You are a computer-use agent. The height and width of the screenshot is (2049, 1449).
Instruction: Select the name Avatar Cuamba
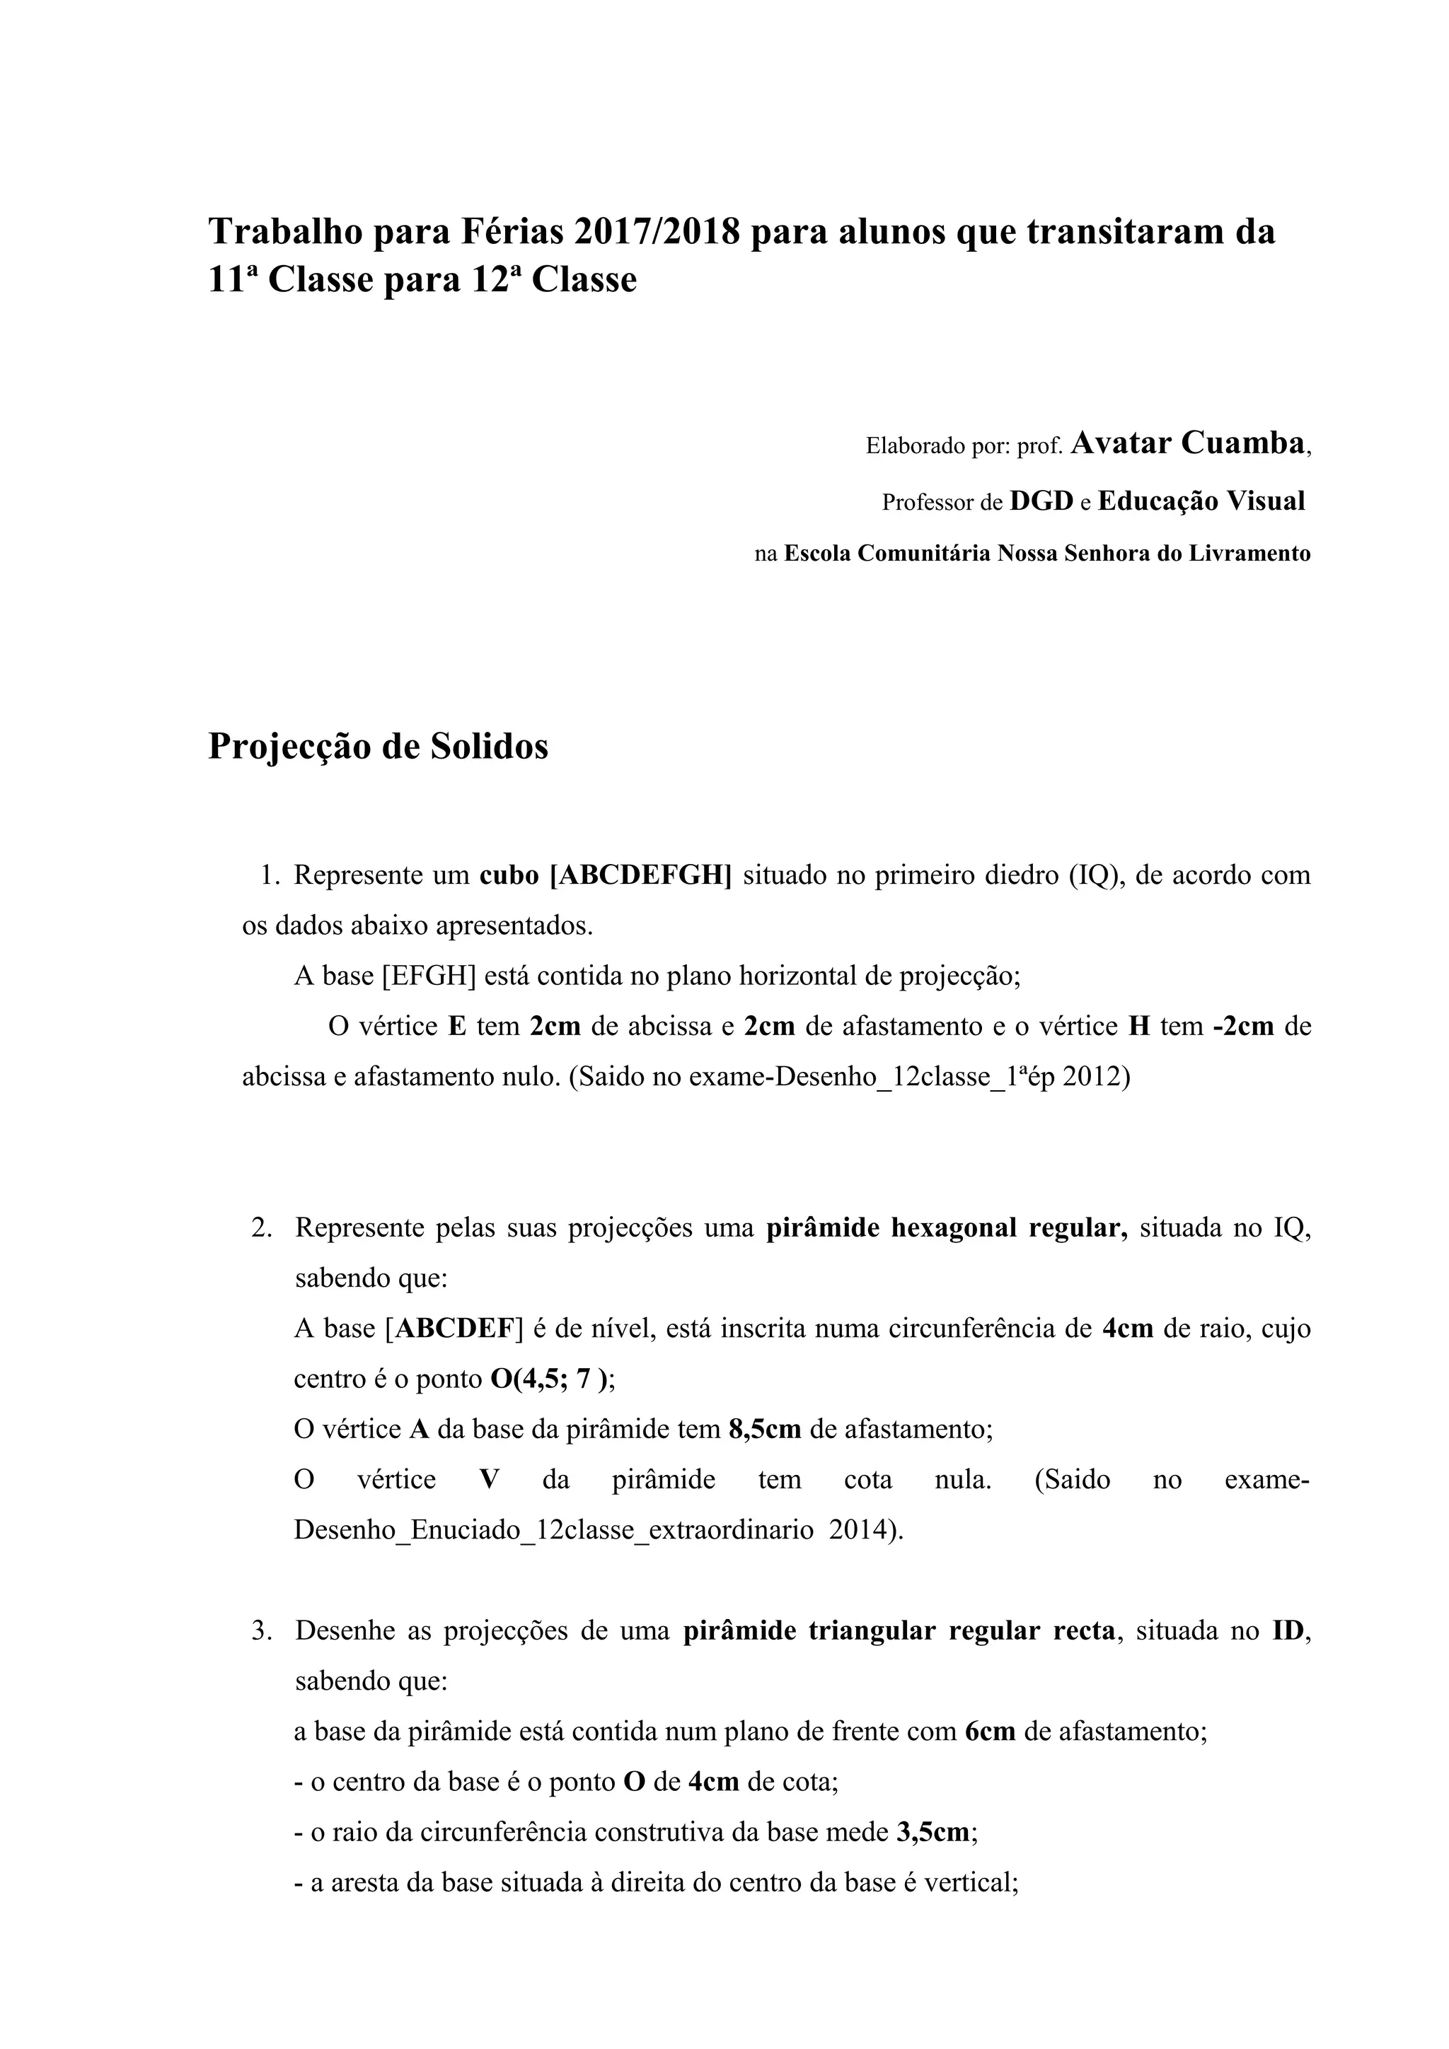(x=1187, y=443)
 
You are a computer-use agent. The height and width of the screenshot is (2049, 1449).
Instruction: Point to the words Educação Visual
(x=1201, y=501)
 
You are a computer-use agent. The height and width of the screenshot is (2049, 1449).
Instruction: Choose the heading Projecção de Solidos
(x=378, y=746)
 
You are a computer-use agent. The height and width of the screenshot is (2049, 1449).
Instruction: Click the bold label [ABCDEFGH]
(x=640, y=875)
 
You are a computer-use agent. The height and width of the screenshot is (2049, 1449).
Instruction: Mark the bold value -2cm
(x=1243, y=1027)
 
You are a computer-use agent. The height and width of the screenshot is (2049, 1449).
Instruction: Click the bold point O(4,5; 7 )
(x=553, y=1379)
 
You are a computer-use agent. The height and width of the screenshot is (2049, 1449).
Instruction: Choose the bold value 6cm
(x=990, y=1732)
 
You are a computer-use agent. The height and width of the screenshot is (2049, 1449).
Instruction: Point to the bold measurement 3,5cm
(x=933, y=1833)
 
